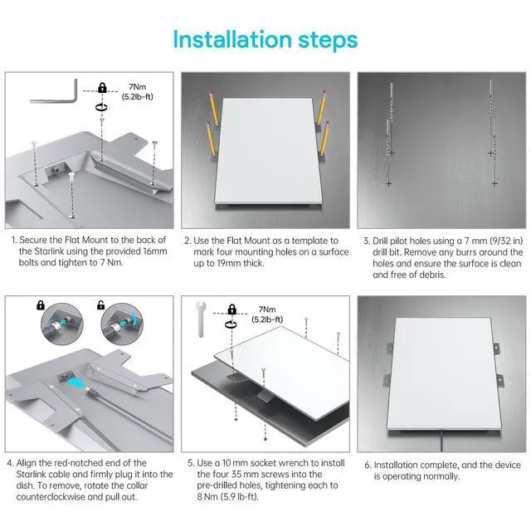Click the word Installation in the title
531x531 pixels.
point(232,40)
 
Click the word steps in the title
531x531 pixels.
point(328,41)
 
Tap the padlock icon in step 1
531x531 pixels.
point(102,87)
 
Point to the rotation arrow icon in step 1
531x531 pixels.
point(101,107)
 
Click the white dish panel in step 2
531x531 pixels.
point(268,151)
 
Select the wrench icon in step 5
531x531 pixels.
point(201,319)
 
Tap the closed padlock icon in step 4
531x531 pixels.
point(41,304)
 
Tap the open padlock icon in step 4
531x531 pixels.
point(100,304)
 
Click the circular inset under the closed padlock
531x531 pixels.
point(62,324)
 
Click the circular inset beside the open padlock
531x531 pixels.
point(122,324)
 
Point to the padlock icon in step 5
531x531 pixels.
point(232,309)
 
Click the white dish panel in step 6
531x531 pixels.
point(445,374)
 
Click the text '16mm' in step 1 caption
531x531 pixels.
point(153,251)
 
